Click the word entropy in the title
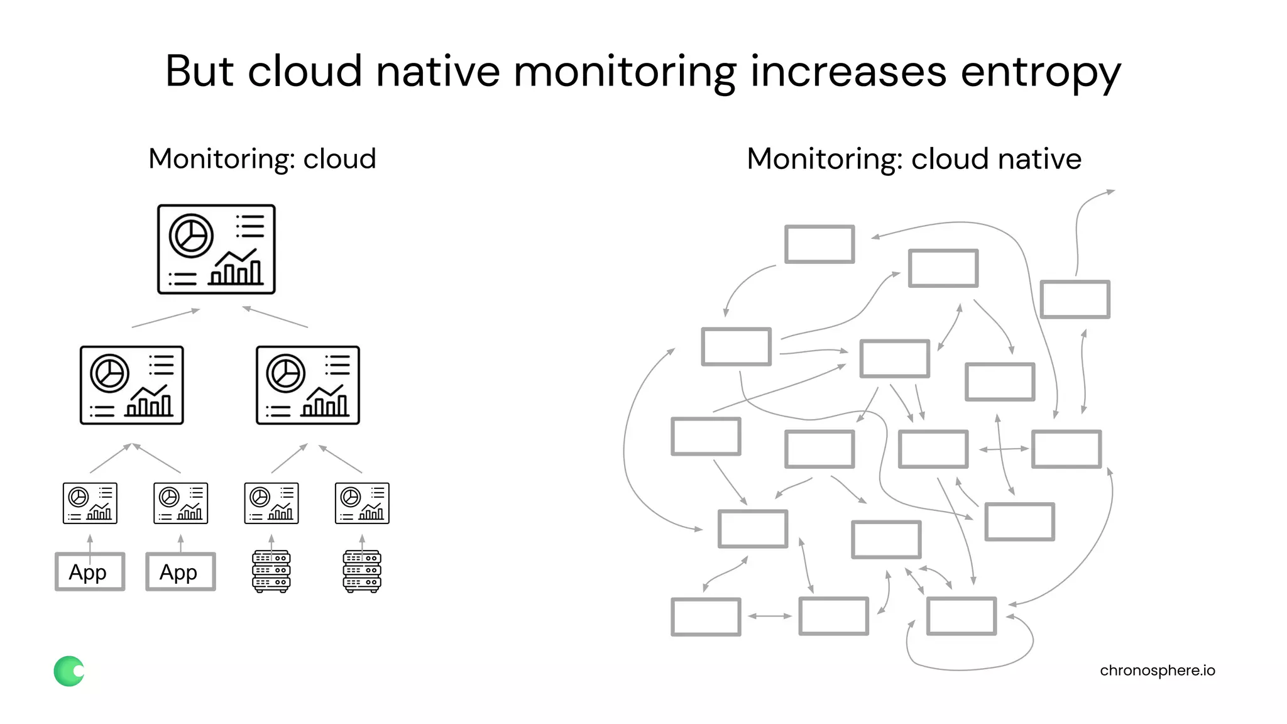pos(1040,72)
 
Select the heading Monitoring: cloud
pos(262,158)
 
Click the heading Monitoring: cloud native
pos(914,158)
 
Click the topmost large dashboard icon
pos(216,249)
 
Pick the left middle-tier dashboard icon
pos(132,385)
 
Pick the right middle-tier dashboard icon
pos(308,385)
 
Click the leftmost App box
pos(90,571)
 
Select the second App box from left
pos(180,571)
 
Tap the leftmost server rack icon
pos(271,571)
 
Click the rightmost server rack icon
pos(362,571)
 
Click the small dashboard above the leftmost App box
pos(90,503)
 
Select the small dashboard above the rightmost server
pos(362,503)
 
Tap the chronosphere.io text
pos(1157,671)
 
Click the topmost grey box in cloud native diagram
pos(819,244)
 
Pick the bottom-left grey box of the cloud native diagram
pos(706,617)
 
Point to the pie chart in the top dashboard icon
pos(191,236)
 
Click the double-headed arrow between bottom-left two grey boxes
pos(770,616)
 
